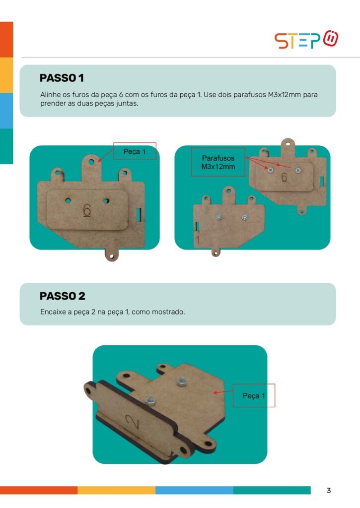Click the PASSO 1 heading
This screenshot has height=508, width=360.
click(x=62, y=78)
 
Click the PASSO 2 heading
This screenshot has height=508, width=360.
click(x=62, y=296)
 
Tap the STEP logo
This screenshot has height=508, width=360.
click(x=306, y=40)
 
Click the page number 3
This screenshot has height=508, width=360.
click(x=329, y=491)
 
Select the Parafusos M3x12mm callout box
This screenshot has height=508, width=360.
click(x=218, y=162)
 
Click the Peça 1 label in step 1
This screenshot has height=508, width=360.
click(x=135, y=151)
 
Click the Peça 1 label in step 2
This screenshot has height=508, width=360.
click(x=254, y=395)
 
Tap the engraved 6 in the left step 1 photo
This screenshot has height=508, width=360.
click(x=87, y=210)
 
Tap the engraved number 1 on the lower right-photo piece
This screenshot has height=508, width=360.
click(x=198, y=240)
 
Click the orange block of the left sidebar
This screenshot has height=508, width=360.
click(x=6, y=40)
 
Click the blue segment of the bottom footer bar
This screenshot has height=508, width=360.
click(x=194, y=490)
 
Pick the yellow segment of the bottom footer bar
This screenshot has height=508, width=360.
click(x=116, y=490)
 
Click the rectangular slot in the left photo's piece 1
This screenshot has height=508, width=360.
click(x=139, y=214)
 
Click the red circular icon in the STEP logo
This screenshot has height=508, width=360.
click(x=331, y=38)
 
